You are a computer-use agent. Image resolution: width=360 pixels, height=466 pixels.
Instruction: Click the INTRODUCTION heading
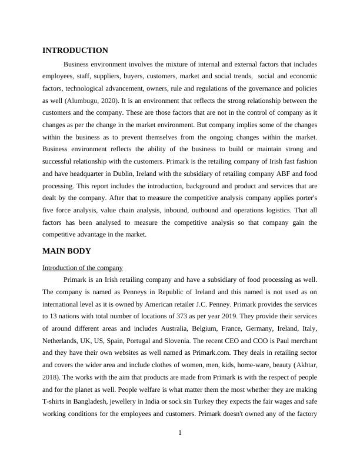[x=75, y=51]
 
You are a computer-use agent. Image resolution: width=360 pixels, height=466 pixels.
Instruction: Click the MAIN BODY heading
[x=66, y=251]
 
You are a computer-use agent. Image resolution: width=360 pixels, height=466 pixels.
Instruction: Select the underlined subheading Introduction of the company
[x=82, y=268]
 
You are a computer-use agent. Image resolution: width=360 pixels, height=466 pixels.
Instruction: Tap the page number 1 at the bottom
[x=180, y=433]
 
